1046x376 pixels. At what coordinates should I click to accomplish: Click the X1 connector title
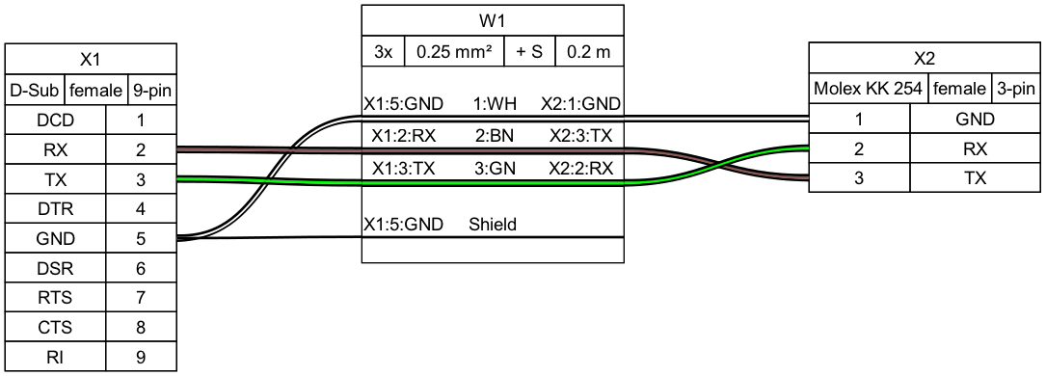(x=91, y=60)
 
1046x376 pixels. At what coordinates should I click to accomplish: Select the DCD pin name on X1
(x=55, y=121)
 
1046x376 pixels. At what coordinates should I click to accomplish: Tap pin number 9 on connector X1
(x=141, y=357)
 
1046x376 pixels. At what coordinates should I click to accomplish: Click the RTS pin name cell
(x=55, y=298)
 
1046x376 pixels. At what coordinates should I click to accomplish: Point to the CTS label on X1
(x=55, y=327)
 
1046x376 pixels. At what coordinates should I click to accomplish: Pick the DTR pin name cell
(x=55, y=209)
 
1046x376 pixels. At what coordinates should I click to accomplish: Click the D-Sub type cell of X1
(x=35, y=91)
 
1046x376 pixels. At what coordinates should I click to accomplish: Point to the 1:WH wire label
(x=492, y=103)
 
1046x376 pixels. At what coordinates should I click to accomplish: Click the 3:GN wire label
(x=492, y=168)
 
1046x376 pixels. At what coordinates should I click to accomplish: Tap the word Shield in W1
(x=493, y=225)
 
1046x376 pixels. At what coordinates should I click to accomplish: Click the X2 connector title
(x=925, y=60)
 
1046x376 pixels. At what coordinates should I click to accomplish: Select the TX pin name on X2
(x=975, y=179)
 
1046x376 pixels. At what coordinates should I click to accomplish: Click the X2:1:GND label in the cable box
(x=579, y=103)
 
